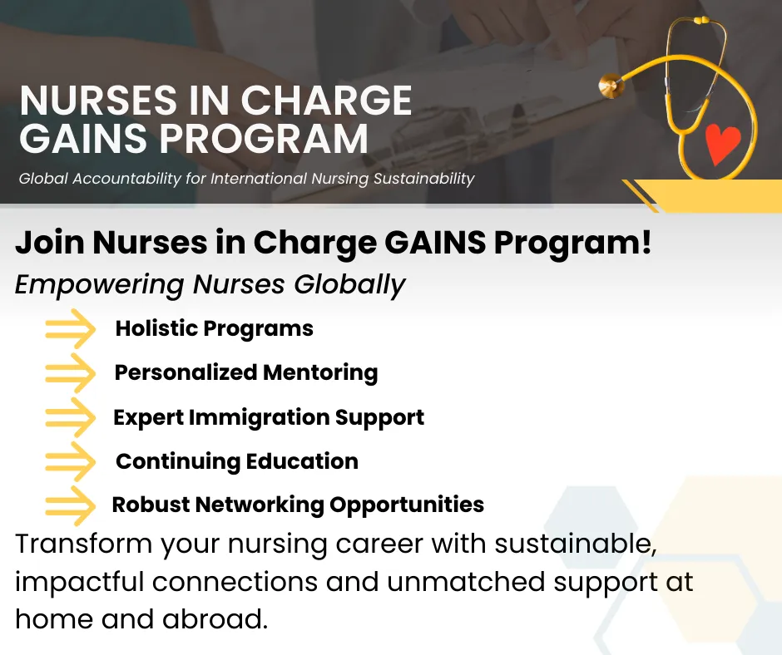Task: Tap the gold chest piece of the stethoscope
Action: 611,86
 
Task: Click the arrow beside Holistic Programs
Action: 71,328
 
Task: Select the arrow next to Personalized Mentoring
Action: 71,373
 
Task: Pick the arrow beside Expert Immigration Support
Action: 71,417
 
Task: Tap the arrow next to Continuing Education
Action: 71,461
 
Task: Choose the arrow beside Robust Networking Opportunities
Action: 71,505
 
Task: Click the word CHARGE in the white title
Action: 327,101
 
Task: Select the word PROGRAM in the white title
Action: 264,138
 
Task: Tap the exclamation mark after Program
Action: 646,241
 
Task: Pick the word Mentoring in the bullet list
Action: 320,374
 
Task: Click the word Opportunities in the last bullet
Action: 407,505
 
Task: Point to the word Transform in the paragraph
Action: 83,544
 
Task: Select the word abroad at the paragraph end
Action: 215,619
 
